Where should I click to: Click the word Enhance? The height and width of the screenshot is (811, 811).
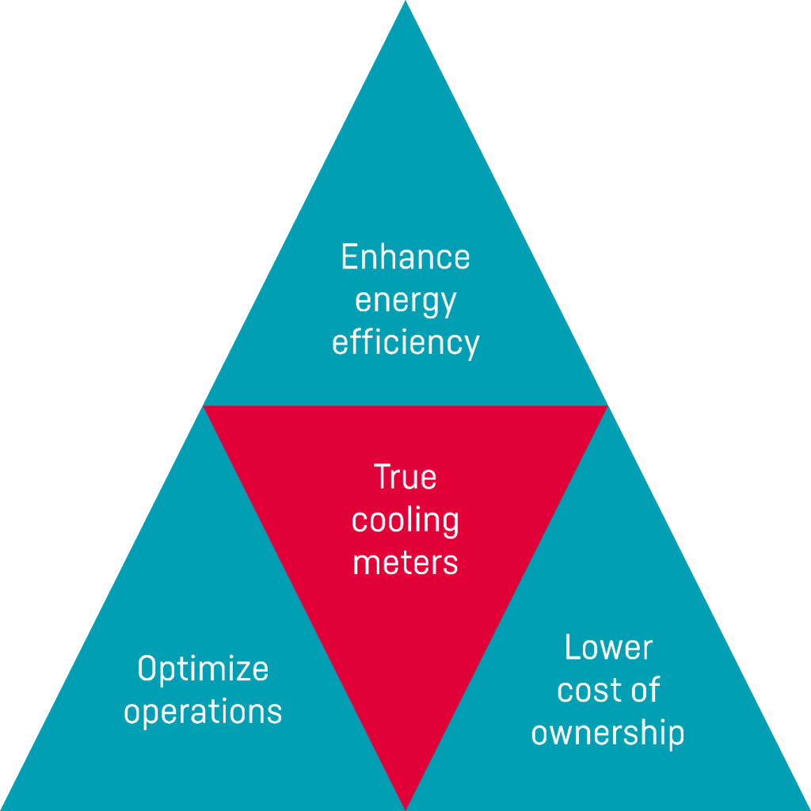(405, 257)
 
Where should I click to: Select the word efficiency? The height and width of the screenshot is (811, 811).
(405, 344)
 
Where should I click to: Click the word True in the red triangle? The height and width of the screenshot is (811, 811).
(405, 476)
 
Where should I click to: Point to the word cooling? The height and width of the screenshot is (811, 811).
(405, 522)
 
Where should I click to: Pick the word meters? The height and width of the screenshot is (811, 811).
(405, 563)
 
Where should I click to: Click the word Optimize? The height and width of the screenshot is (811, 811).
(203, 670)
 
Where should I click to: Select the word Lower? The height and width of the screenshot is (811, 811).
(609, 647)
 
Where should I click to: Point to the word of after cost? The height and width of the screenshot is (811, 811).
(643, 689)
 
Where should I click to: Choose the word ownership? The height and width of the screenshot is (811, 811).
(607, 734)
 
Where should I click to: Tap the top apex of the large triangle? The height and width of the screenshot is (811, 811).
(405, 1)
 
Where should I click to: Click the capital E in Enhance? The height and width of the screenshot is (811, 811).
(349, 257)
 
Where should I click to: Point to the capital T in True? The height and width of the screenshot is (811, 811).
(384, 476)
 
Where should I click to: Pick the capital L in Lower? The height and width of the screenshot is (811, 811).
(573, 647)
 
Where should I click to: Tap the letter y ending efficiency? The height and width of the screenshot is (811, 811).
(471, 347)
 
